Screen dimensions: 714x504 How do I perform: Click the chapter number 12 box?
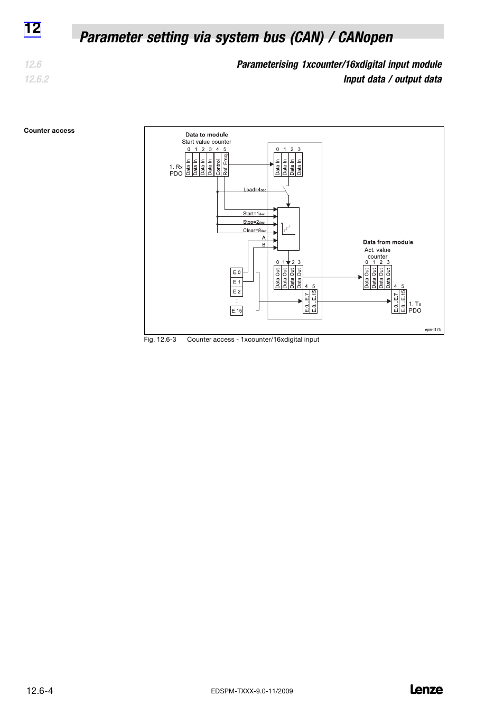pos(32,29)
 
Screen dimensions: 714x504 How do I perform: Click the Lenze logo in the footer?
pos(426,690)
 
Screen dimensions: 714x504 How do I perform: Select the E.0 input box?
pos(237,272)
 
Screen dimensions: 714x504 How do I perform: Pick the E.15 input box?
pos(237,311)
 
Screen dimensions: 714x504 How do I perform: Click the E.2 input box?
pos(237,291)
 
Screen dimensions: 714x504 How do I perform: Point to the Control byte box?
pos(218,165)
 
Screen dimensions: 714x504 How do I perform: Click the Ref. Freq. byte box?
pos(225,165)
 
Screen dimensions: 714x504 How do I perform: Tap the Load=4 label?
pos(255,190)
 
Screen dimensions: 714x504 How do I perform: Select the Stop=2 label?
pos(254,222)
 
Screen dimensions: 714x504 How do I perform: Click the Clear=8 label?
pos(254,231)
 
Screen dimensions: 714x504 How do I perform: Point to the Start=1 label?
pos(254,214)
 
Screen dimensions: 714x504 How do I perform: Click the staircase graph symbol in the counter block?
pos(287,228)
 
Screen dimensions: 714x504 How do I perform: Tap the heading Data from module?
pos(388,242)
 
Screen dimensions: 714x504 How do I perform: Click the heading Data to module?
pos(207,134)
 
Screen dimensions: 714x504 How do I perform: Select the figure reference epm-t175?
pos(433,329)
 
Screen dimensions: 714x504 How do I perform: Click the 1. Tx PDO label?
pos(415,307)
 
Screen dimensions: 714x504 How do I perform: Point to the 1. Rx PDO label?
pos(176,170)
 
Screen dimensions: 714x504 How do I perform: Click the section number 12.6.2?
pos(36,79)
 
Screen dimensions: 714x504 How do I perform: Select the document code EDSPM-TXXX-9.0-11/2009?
pos(251,691)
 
